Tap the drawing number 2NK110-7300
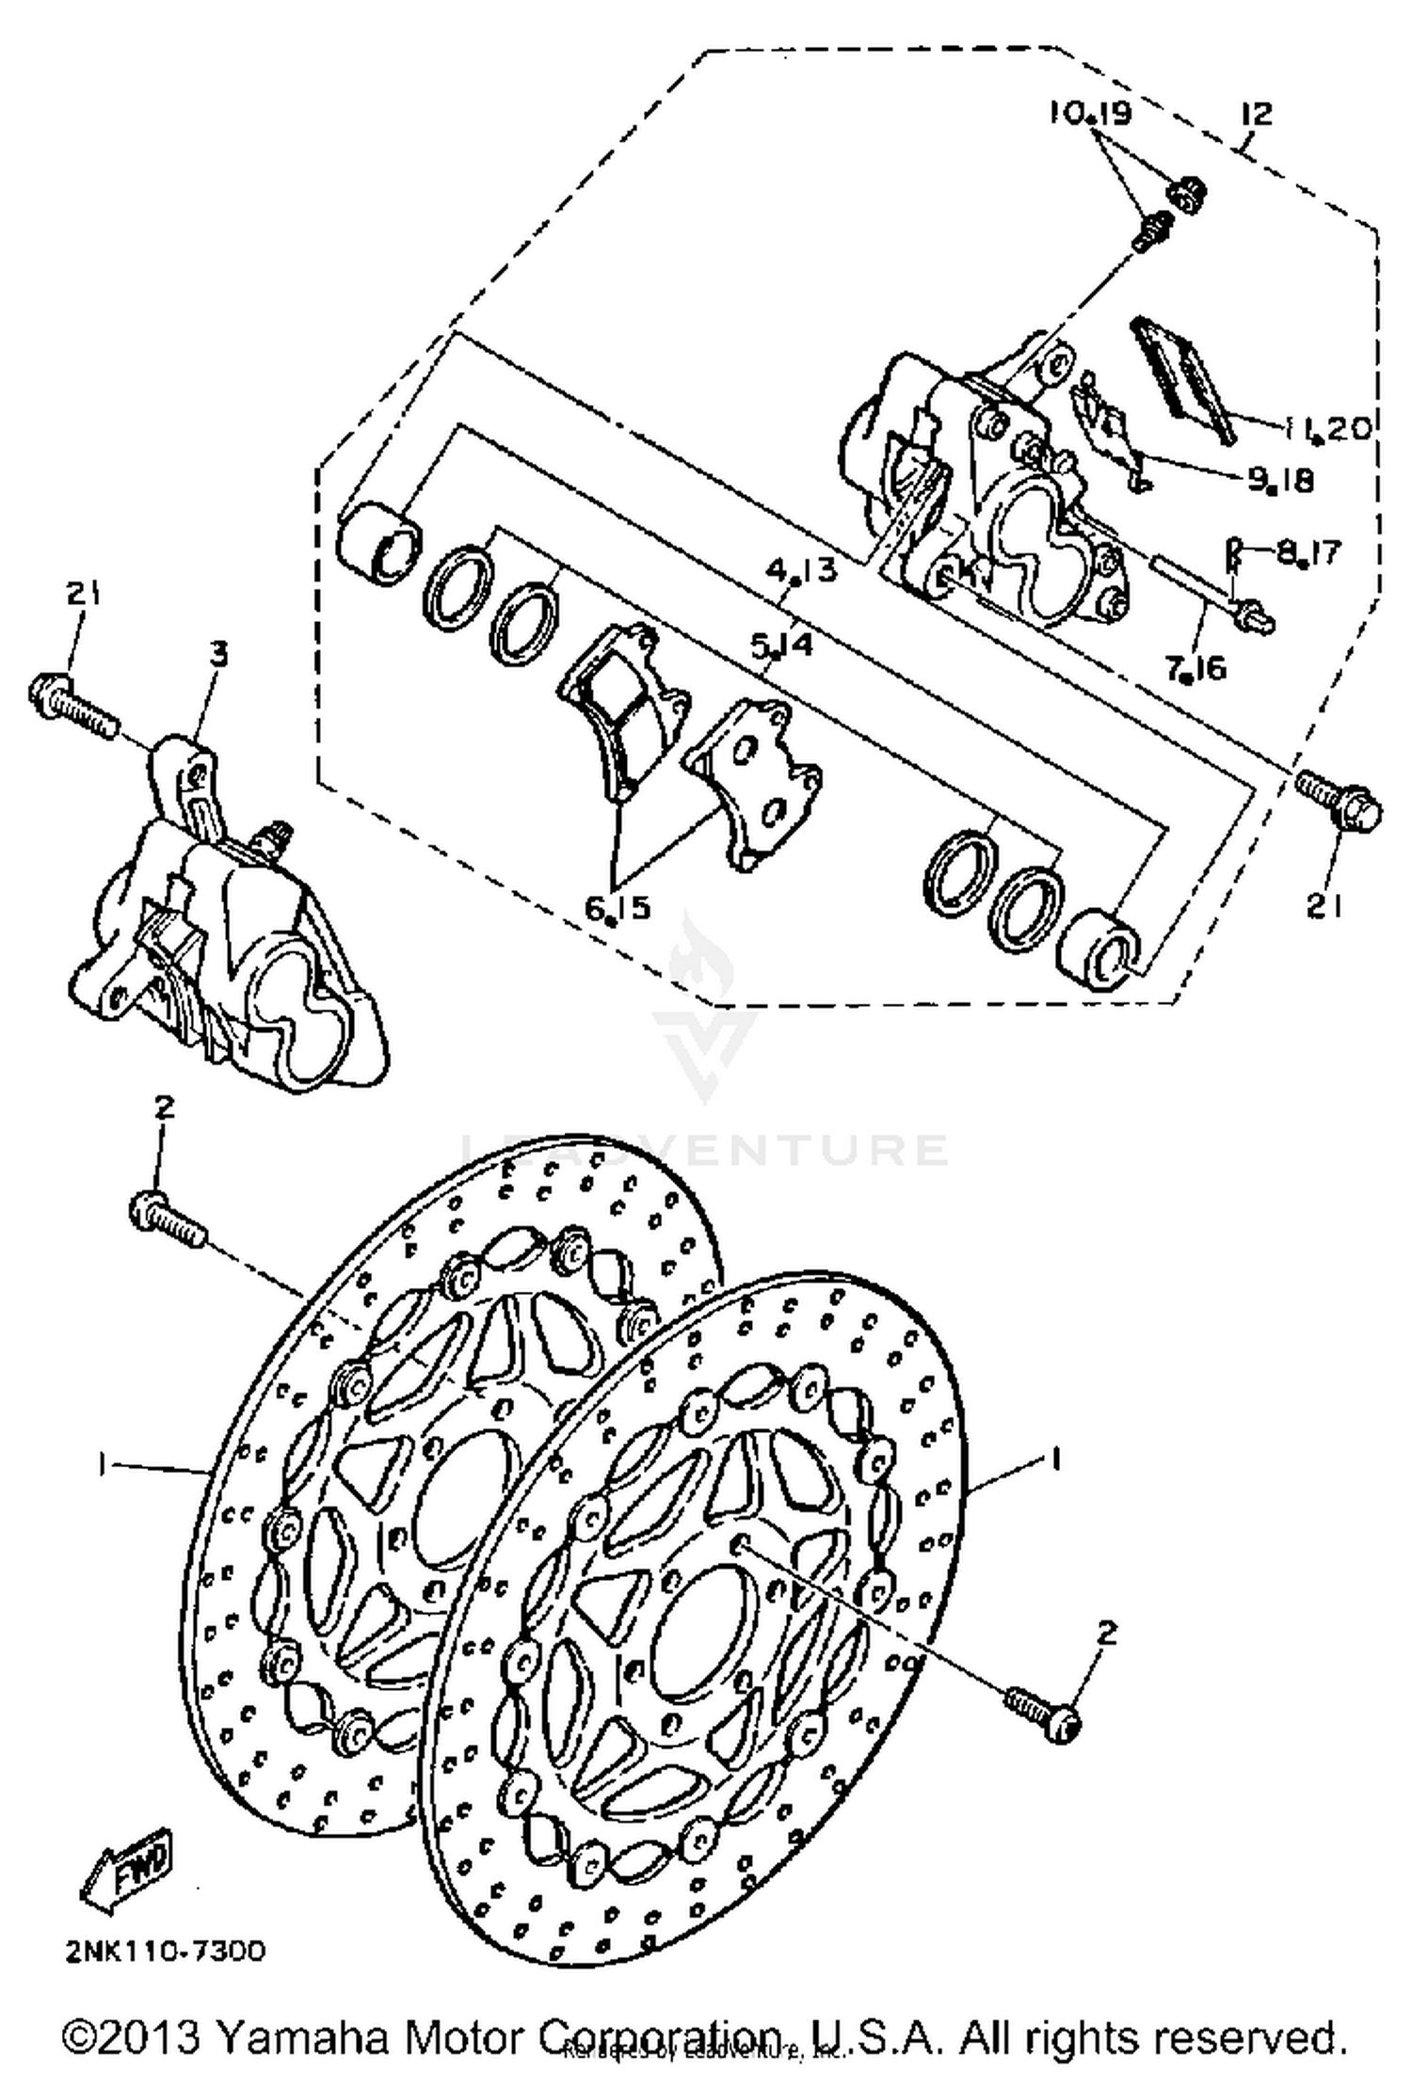pyautogui.click(x=166, y=1949)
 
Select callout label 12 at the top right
pyautogui.click(x=1256, y=115)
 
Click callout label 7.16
pyautogui.click(x=1195, y=667)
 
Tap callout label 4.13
pyautogui.click(x=800, y=570)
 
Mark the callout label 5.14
pyautogui.click(x=781, y=646)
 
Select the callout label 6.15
pyautogui.click(x=617, y=907)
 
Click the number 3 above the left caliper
pyautogui.click(x=217, y=653)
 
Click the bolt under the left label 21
pyautogui.click(x=73, y=697)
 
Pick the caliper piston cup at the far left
pyautogui.click(x=379, y=542)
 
